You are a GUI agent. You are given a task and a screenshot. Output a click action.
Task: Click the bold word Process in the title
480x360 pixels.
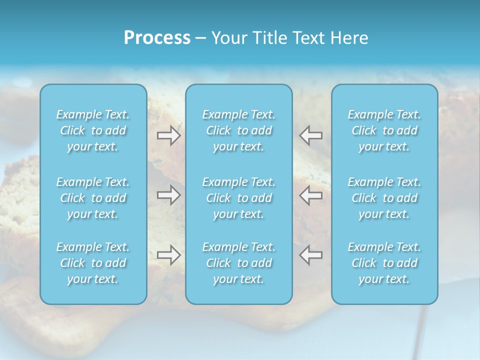click(157, 38)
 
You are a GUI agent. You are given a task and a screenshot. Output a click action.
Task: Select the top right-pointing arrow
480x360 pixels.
click(168, 135)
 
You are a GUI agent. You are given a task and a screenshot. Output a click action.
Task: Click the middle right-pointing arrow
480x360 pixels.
click(168, 195)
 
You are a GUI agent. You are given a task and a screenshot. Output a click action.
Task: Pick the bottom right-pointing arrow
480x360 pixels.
click(168, 255)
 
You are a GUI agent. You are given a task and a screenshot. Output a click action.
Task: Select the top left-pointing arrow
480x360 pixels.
click(311, 135)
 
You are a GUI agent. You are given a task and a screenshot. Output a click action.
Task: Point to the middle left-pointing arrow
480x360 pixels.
click(311, 195)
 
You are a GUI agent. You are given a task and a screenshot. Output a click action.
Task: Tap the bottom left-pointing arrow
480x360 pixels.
click(311, 255)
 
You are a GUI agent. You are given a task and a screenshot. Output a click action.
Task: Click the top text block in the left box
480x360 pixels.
click(93, 130)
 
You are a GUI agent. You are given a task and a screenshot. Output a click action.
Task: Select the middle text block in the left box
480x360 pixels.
click(93, 198)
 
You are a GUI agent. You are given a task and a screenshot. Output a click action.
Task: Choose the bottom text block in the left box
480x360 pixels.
click(93, 263)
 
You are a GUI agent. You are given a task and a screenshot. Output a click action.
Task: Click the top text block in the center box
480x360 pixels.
click(239, 130)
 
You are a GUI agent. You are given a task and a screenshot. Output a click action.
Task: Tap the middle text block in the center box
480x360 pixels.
click(239, 198)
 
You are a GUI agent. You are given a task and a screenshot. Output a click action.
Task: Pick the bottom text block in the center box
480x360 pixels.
click(239, 263)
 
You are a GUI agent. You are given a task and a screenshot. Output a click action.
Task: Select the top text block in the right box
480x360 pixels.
click(384, 130)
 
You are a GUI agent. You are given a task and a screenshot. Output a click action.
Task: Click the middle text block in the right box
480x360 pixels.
click(384, 198)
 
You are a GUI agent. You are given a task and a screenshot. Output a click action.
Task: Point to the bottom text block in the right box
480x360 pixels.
click(384, 263)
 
